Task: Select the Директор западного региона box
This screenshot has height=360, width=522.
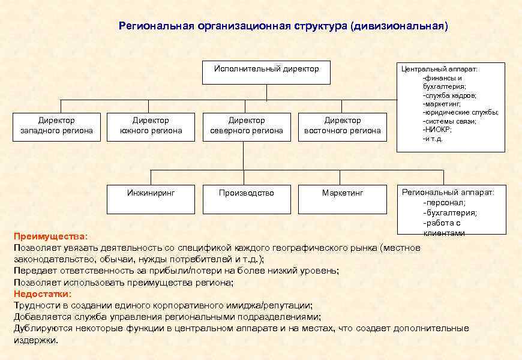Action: click(x=56, y=126)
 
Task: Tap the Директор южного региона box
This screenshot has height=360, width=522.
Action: click(x=151, y=126)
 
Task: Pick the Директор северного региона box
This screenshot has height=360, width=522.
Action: click(x=247, y=126)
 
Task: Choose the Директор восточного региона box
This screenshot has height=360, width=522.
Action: click(x=343, y=126)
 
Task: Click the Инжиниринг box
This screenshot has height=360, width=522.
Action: click(x=151, y=199)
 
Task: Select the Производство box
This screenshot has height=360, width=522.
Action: click(x=247, y=199)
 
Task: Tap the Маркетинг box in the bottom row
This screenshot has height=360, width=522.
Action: click(x=343, y=199)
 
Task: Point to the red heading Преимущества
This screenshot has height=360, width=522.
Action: click(x=50, y=237)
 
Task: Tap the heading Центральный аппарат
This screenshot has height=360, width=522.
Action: click(x=439, y=69)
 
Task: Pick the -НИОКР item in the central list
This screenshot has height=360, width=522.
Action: click(x=437, y=130)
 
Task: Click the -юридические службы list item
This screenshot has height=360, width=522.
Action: click(x=460, y=112)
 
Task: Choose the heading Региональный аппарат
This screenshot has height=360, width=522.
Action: click(x=448, y=193)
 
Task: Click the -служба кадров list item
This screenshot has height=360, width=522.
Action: click(x=450, y=95)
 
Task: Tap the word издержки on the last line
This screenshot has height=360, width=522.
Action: click(x=35, y=340)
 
